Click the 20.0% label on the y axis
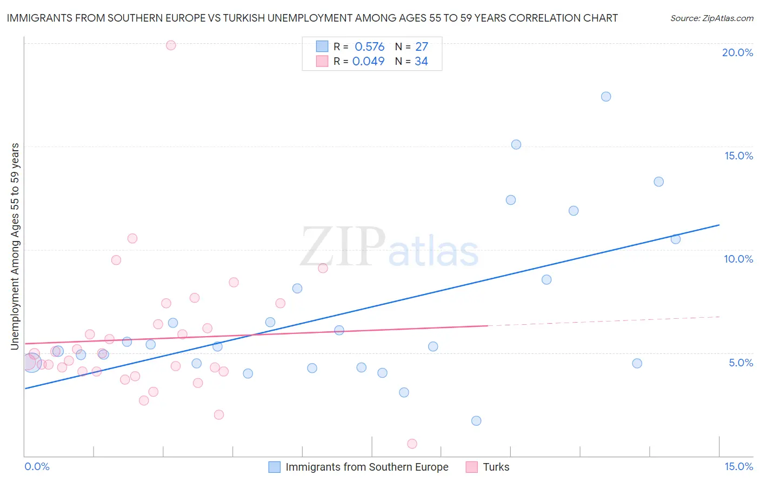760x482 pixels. [x=737, y=52]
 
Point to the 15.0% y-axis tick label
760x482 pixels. [x=738, y=156]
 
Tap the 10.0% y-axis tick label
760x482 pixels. [x=738, y=259]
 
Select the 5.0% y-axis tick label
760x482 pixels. [x=741, y=363]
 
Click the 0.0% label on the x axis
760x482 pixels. [x=37, y=466]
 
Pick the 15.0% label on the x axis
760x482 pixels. [x=738, y=466]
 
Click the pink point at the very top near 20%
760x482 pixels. [x=171, y=45]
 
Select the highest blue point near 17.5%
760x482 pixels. [x=606, y=97]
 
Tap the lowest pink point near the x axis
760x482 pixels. [x=412, y=444]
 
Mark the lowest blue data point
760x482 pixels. [x=476, y=421]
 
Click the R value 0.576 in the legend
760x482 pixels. [x=369, y=47]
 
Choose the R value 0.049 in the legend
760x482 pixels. [x=368, y=62]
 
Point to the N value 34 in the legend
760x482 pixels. [x=421, y=62]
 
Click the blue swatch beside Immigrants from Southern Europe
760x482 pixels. [x=275, y=467]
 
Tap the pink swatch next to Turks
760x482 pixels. [x=472, y=467]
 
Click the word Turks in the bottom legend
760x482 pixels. [x=496, y=467]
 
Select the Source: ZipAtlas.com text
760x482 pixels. [x=711, y=18]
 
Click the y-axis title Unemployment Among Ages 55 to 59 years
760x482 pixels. [x=15, y=246]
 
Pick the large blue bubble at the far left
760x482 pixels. [x=31, y=363]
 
